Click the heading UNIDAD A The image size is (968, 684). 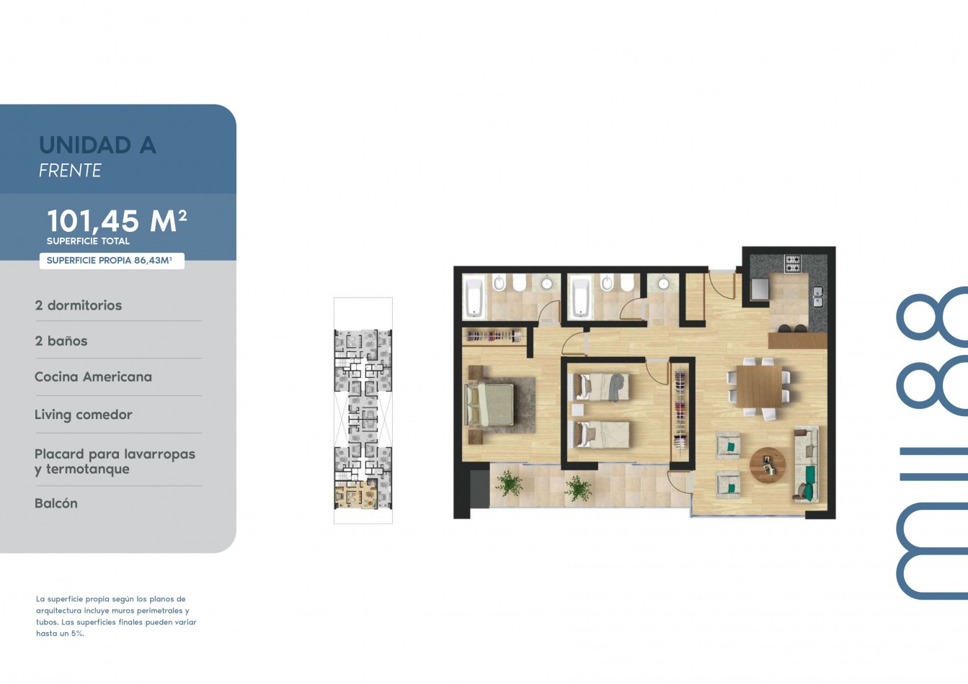pyautogui.click(x=97, y=145)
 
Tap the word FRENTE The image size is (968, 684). pyautogui.click(x=70, y=171)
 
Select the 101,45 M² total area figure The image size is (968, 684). pyautogui.click(x=117, y=221)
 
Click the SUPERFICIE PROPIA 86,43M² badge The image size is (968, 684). pyautogui.click(x=112, y=261)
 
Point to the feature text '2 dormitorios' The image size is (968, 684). pyautogui.click(x=79, y=305)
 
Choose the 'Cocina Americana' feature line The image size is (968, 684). pyautogui.click(x=94, y=377)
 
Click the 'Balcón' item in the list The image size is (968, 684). pyautogui.click(x=56, y=503)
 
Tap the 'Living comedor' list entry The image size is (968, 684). pyautogui.click(x=84, y=415)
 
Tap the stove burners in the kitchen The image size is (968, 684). pyautogui.click(x=793, y=264)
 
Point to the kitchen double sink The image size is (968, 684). pyautogui.click(x=817, y=297)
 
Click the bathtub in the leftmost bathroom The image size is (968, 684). pyautogui.click(x=474, y=297)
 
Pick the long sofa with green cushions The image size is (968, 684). pyautogui.click(x=807, y=464)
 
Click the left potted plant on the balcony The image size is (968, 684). pyautogui.click(x=509, y=483)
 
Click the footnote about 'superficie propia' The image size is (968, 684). pyautogui.click(x=116, y=616)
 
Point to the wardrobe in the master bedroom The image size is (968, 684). pyautogui.click(x=494, y=336)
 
